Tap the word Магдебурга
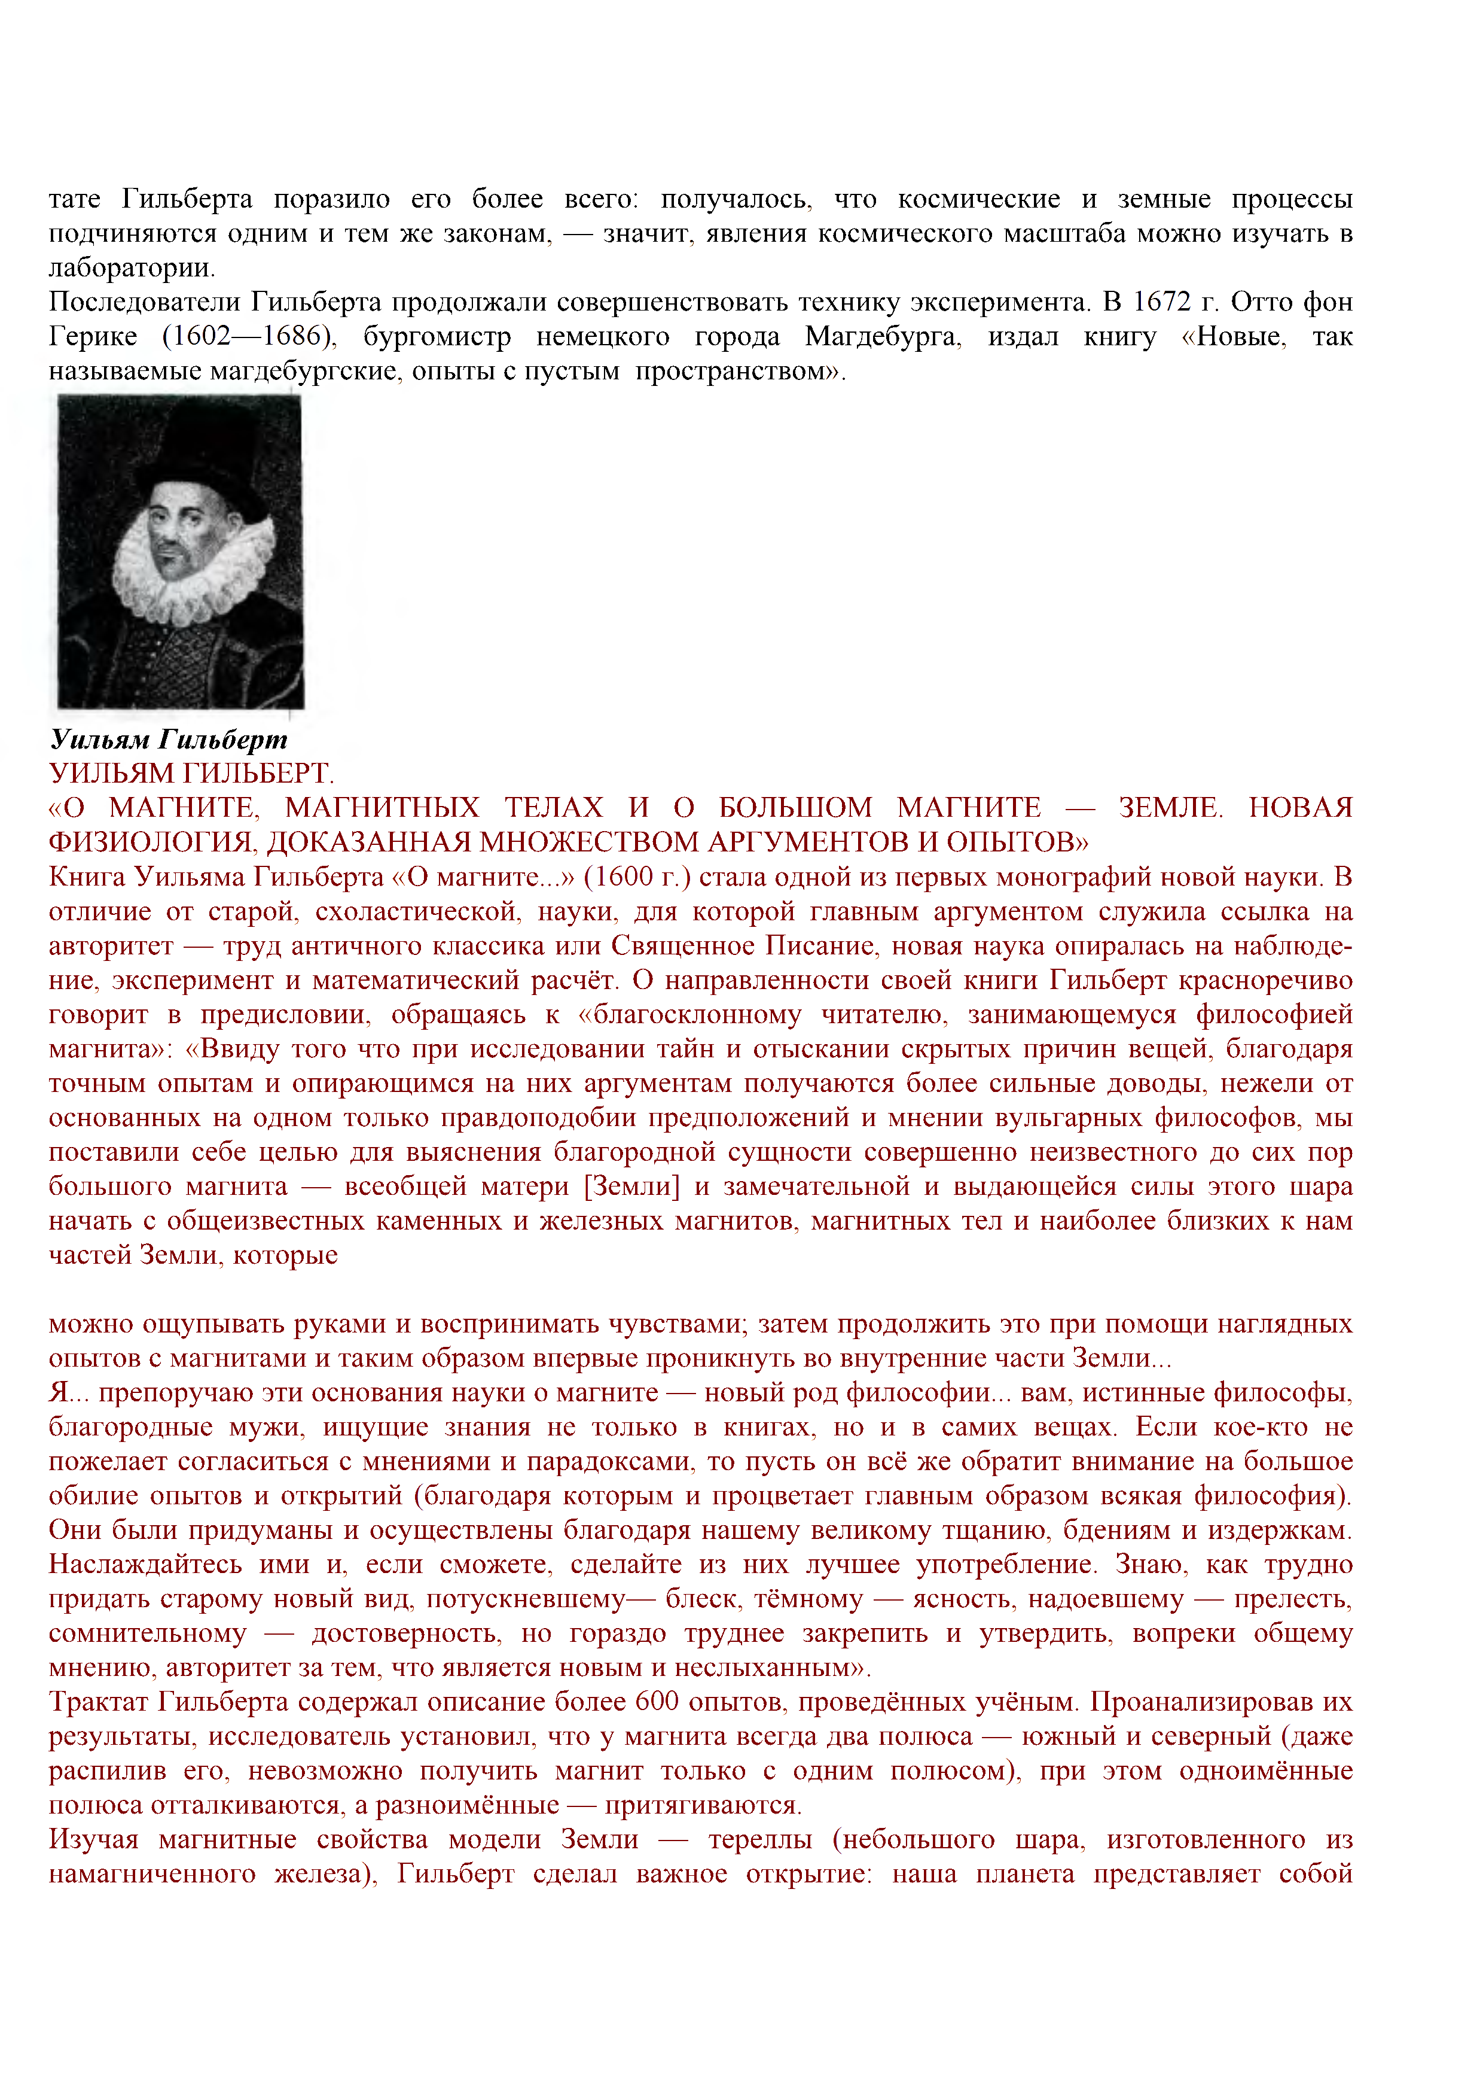883,336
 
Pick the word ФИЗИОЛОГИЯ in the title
151,842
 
